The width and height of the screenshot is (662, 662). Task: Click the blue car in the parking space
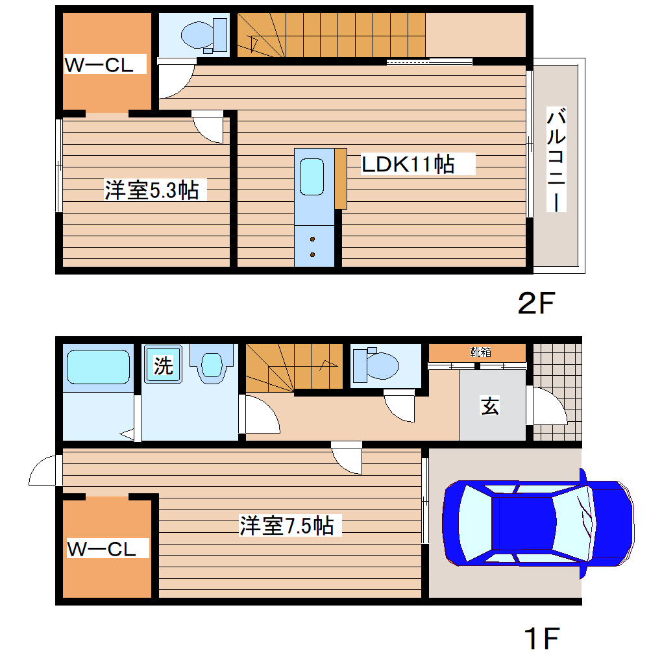(x=537, y=522)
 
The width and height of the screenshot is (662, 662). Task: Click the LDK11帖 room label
(x=408, y=164)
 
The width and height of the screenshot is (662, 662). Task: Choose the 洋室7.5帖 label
(x=287, y=525)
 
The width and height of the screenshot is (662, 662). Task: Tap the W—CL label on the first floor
(x=102, y=549)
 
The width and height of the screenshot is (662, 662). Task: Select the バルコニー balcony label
(x=556, y=160)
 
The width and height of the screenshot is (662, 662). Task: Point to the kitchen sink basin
(x=312, y=176)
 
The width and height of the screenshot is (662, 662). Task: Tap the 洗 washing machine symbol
(x=163, y=366)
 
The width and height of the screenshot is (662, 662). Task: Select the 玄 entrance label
(x=490, y=407)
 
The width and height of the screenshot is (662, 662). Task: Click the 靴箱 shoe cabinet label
(x=480, y=352)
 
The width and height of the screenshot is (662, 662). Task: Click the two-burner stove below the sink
(x=313, y=247)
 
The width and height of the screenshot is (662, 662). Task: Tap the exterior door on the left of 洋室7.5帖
(x=44, y=471)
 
